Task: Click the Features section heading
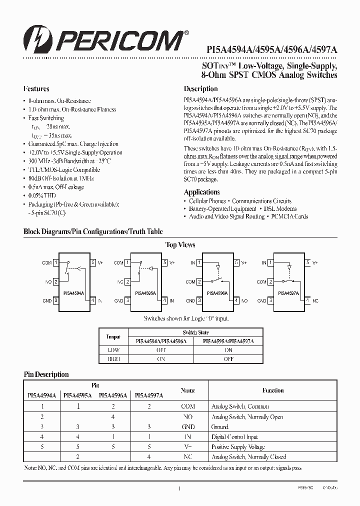(x=36, y=89)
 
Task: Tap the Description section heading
(x=200, y=89)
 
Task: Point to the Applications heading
(x=201, y=192)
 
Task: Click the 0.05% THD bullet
(x=42, y=195)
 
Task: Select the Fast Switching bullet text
(x=46, y=118)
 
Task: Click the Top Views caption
(x=180, y=244)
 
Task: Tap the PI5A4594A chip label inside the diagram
(x=74, y=294)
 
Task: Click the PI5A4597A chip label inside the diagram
(x=288, y=294)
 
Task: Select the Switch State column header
(x=196, y=332)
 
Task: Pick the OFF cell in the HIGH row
(x=228, y=359)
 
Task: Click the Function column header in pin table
(x=273, y=390)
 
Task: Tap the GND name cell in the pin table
(x=188, y=427)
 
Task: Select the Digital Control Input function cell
(x=234, y=437)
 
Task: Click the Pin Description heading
(x=46, y=374)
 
